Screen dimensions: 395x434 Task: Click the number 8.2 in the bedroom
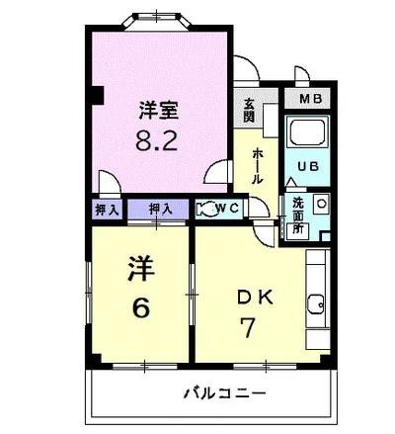pos(157,140)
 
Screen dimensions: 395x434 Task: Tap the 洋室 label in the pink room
pos(158,110)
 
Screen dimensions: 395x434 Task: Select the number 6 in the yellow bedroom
pos(141,307)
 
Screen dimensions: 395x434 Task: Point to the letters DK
pos(255,298)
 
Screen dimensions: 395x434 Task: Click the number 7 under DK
pos(247,327)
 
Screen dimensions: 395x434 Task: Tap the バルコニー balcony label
pos(224,393)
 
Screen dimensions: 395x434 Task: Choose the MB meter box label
pos(311,99)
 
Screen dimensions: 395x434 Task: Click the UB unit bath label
pos(308,166)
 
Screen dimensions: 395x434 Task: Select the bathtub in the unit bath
pos(308,131)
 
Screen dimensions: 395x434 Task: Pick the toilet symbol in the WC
pos(206,209)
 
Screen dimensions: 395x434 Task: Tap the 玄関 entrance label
pos(249,111)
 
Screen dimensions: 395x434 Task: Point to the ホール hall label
pos(258,166)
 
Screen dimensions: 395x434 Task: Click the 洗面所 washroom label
pos(298,216)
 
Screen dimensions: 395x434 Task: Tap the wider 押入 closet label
pos(160,209)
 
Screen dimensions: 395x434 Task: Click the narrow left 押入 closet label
pos(107,210)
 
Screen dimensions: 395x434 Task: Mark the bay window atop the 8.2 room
pos(157,21)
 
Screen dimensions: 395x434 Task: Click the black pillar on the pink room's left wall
pos(98,95)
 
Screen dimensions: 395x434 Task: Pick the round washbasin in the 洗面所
pos(321,203)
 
